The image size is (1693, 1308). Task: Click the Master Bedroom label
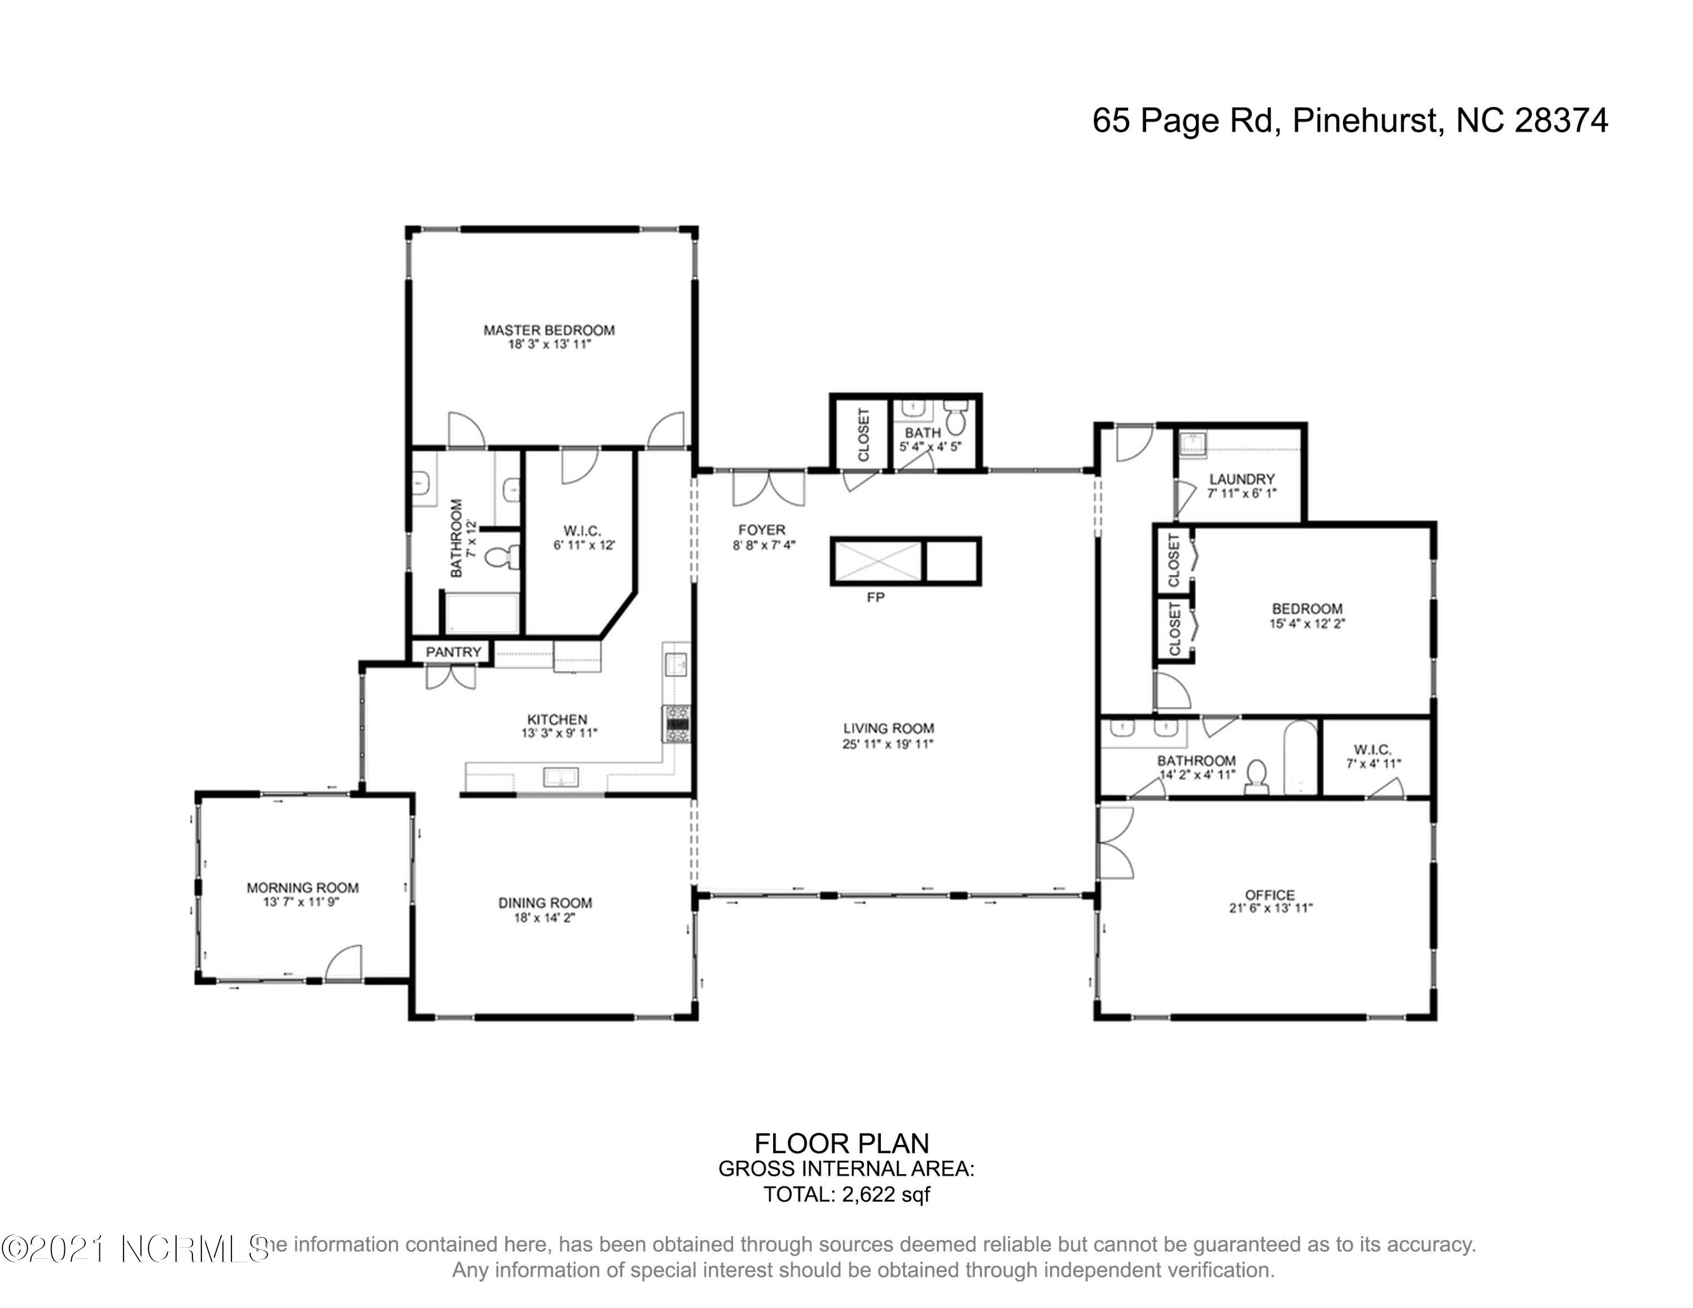point(549,330)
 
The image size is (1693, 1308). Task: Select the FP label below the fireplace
point(875,598)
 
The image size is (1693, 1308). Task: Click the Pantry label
point(454,652)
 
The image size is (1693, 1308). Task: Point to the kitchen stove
point(677,725)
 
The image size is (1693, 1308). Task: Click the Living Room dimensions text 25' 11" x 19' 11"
point(888,744)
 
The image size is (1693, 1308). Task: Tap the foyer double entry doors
point(769,488)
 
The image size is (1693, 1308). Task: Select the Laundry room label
point(1241,480)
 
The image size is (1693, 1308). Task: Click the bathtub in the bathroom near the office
point(1300,758)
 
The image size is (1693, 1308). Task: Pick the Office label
point(1270,894)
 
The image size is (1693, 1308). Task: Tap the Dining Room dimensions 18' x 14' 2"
point(545,918)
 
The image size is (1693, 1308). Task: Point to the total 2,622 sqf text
point(846,1194)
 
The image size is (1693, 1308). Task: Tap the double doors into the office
point(1115,842)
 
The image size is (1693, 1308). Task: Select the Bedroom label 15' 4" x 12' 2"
point(1306,616)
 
